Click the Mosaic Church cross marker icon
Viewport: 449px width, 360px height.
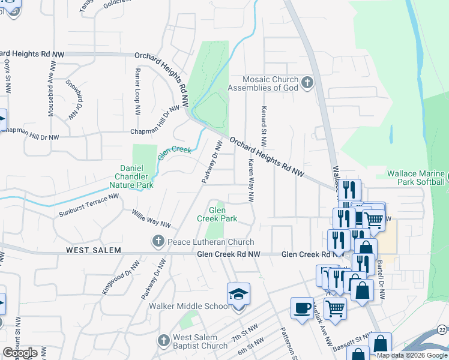tap(307, 83)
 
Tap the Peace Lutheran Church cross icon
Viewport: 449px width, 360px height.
tap(158, 241)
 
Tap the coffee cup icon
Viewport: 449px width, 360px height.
tap(301, 308)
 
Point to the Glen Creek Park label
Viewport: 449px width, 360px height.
tap(217, 214)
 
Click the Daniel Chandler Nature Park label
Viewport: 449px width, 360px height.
tap(134, 176)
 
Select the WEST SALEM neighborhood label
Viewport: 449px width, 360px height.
tap(94, 250)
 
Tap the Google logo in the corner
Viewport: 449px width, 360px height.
tap(20, 352)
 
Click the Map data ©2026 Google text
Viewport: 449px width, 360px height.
tap(412, 356)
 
